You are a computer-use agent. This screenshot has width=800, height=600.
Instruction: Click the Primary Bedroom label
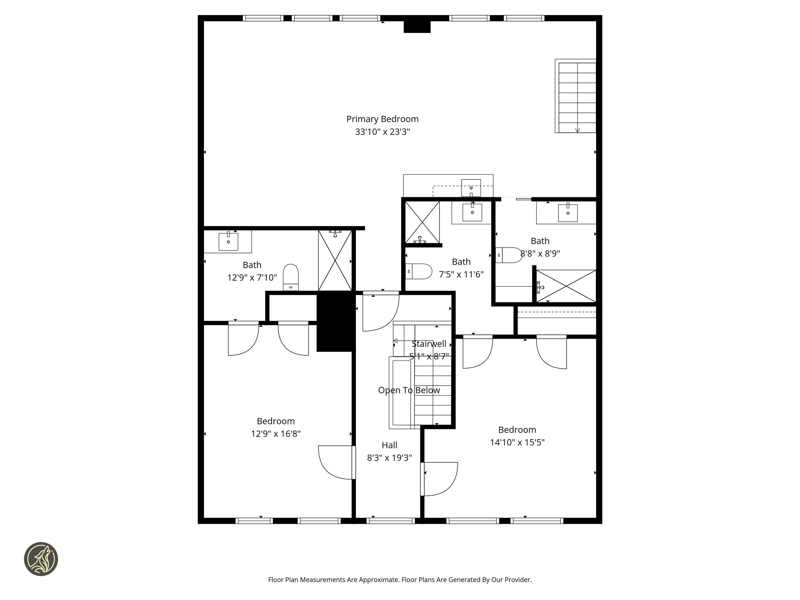tap(382, 119)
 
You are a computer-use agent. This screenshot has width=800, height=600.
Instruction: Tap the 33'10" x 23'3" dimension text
tap(382, 132)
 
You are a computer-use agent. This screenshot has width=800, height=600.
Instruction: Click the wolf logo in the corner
tap(41, 559)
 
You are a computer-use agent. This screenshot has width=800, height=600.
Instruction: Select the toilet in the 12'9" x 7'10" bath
tap(290, 277)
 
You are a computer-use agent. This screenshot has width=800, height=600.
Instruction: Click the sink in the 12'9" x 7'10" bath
tap(228, 241)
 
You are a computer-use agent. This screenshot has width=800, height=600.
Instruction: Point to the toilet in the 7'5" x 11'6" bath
tap(419, 271)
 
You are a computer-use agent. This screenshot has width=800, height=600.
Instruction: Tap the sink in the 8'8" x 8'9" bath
tap(567, 213)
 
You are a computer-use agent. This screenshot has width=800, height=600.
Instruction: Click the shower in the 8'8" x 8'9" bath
tap(566, 286)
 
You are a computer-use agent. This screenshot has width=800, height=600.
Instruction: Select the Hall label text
tap(389, 445)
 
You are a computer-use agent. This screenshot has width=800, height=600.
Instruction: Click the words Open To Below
tap(409, 390)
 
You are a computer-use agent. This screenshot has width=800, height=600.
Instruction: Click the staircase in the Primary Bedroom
tap(577, 97)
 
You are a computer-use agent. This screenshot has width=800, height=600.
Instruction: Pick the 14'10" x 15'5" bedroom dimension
tap(517, 442)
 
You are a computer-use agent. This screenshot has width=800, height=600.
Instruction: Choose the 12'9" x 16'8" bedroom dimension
tap(276, 434)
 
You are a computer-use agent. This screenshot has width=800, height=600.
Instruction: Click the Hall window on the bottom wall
tap(390, 521)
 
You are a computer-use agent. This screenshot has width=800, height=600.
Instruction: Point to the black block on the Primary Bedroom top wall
tap(417, 27)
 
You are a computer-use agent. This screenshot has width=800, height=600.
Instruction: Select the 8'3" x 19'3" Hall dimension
tap(389, 458)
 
